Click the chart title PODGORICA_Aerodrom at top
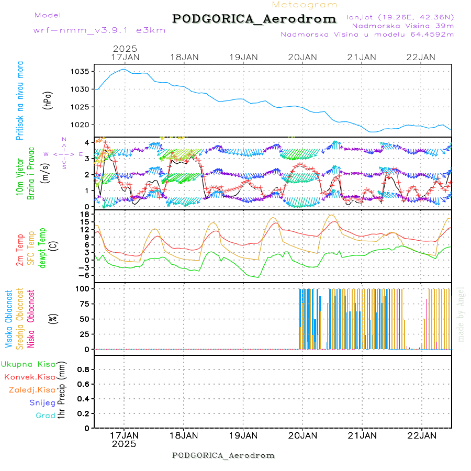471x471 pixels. tap(254, 19)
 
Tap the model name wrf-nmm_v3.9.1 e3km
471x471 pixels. tap(99, 30)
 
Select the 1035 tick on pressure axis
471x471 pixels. tap(83, 72)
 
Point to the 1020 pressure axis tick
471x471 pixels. tap(83, 125)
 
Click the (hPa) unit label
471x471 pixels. tap(48, 100)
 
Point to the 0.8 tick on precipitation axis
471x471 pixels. tap(83, 369)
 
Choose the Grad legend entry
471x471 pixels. tap(46, 416)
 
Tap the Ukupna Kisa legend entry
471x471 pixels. tap(28, 364)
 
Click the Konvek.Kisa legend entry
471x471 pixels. tap(29, 377)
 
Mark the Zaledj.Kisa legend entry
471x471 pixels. tap(32, 389)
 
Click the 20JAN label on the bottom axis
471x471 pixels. tap(302, 435)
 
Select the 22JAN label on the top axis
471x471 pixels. tap(421, 57)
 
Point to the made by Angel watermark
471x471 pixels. tap(461, 314)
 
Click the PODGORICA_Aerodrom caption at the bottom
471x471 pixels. tap(223, 455)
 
